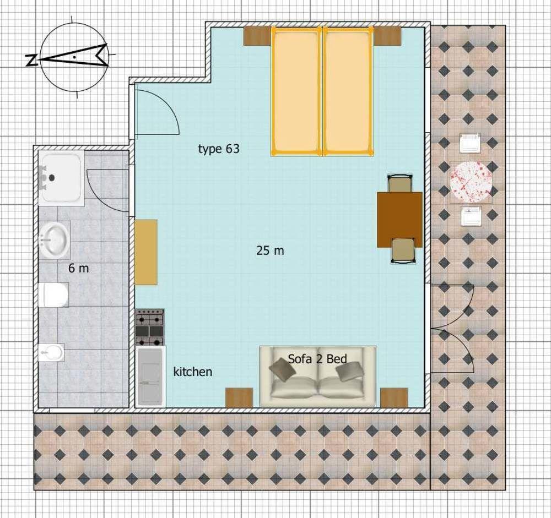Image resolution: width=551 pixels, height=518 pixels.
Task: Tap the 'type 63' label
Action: pos(219,149)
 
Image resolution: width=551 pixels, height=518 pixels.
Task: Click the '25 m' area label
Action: pos(270,251)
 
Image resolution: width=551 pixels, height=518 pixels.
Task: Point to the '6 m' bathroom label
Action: pos(79,268)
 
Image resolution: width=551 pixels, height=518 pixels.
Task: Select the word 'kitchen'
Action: pos(192,372)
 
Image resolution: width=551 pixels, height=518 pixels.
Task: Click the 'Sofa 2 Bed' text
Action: pos(317,358)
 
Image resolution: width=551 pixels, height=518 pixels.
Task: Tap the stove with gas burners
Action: pos(150,328)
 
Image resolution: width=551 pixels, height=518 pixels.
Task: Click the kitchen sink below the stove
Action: pos(150,377)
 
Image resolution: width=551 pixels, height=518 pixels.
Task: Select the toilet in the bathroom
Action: pos(53,295)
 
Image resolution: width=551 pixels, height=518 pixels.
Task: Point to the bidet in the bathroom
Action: pos(51,352)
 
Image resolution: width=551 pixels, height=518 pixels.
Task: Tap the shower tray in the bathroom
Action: pos(61,178)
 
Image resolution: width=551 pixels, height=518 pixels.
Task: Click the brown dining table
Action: pos(399,220)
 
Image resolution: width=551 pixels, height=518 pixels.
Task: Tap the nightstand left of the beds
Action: pos(257,36)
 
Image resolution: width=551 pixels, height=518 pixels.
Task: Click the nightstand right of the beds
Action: pos(387,36)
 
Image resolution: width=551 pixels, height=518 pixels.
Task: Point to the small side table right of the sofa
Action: pos(394,397)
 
